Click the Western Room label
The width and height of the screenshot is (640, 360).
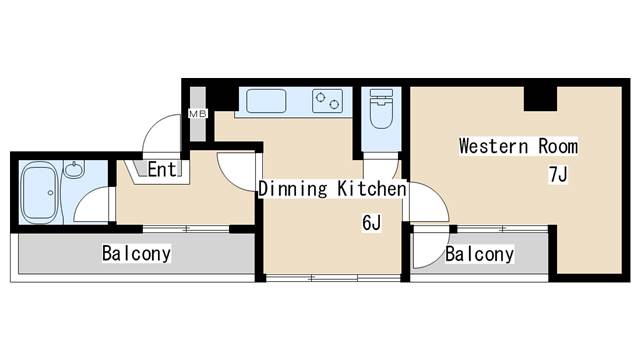(x=518, y=146)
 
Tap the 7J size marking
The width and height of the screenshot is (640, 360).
(x=558, y=175)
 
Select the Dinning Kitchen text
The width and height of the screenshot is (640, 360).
(x=332, y=189)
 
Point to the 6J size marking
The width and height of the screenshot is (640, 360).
(x=371, y=223)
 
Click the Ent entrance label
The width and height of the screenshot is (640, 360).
(x=162, y=169)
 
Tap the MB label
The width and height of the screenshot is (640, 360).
(x=198, y=114)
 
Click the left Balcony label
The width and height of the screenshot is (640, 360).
(x=136, y=253)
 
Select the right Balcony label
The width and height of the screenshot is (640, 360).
(x=480, y=254)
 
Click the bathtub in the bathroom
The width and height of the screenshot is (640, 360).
(x=39, y=193)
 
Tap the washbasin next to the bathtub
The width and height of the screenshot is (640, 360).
(x=74, y=169)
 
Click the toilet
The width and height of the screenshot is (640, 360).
(x=381, y=109)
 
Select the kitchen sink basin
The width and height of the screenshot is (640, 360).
(x=266, y=101)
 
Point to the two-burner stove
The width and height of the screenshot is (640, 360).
(x=327, y=101)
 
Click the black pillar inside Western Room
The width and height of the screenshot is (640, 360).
(x=540, y=98)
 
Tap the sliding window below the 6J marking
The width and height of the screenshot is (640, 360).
(x=333, y=278)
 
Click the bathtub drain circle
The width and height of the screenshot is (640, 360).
(x=51, y=193)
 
